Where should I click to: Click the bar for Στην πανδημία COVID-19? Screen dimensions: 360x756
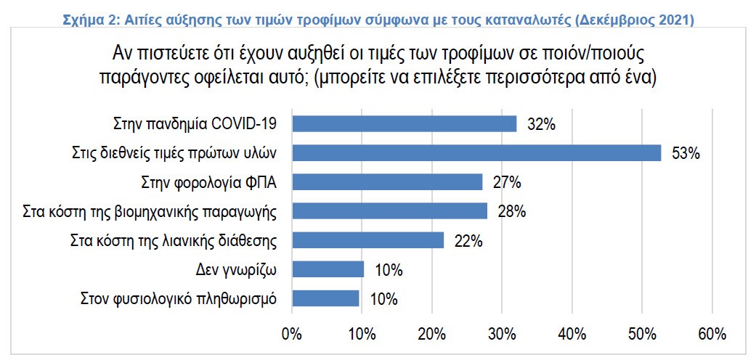coord(404,124)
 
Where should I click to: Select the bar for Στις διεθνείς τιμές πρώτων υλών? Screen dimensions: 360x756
coord(476,153)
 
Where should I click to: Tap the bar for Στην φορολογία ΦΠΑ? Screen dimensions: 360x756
coord(386,182)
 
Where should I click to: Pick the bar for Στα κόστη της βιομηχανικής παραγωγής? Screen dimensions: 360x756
coord(389,211)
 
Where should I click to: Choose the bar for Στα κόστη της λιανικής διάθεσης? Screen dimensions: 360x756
coord(367,240)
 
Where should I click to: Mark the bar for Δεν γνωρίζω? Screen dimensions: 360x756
coord(328,269)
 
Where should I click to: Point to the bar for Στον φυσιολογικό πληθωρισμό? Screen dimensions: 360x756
coord(325,298)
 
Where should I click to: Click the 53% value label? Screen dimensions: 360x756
coord(685,154)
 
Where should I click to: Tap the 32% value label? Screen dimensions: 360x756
coord(541,125)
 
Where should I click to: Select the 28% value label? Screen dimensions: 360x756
coord(511,212)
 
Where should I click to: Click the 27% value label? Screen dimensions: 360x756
coord(506,183)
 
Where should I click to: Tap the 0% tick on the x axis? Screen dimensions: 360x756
coord(291,335)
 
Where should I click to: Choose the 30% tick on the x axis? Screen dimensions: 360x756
coord(502,335)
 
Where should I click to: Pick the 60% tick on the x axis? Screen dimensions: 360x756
coord(712,335)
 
